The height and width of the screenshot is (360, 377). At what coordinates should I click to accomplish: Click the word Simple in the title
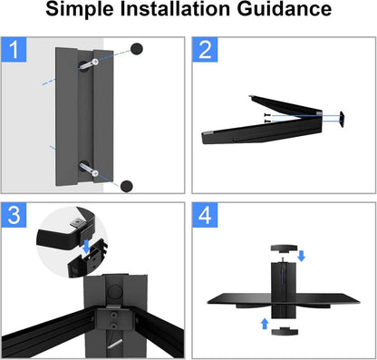pyautogui.click(x=80, y=9)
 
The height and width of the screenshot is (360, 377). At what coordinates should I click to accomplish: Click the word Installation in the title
pyautogui.click(x=176, y=8)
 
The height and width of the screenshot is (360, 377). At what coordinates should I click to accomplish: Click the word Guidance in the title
pyautogui.click(x=285, y=8)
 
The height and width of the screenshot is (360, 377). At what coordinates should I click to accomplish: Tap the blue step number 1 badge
pyautogui.click(x=14, y=50)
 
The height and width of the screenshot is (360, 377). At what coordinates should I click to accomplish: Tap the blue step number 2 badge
pyautogui.click(x=205, y=50)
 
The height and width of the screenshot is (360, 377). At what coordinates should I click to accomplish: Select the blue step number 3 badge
pyautogui.click(x=14, y=215)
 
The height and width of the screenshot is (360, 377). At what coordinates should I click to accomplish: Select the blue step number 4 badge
pyautogui.click(x=205, y=215)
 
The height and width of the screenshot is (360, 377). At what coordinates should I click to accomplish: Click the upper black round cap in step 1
pyautogui.click(x=137, y=49)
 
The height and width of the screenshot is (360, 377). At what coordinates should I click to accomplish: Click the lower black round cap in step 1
pyautogui.click(x=126, y=186)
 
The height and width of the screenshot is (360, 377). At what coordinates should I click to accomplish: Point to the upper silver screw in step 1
pyautogui.click(x=89, y=63)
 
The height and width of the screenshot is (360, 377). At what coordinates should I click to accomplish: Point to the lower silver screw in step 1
pyautogui.click(x=90, y=170)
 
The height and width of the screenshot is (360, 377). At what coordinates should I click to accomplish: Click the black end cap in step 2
pyautogui.click(x=343, y=119)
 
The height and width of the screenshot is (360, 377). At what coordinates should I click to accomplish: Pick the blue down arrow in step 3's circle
pyautogui.click(x=86, y=247)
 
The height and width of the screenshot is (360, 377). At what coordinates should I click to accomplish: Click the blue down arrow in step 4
pyautogui.click(x=301, y=256)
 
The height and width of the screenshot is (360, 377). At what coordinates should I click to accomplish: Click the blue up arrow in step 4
pyautogui.click(x=265, y=324)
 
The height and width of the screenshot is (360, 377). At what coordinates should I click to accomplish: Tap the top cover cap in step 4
pyautogui.click(x=284, y=248)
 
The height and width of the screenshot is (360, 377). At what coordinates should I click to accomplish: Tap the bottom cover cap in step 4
pyautogui.click(x=285, y=331)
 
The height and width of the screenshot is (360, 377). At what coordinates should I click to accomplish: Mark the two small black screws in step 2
pyautogui.click(x=267, y=118)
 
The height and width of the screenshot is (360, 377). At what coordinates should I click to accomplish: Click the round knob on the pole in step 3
pyautogui.click(x=115, y=291)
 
